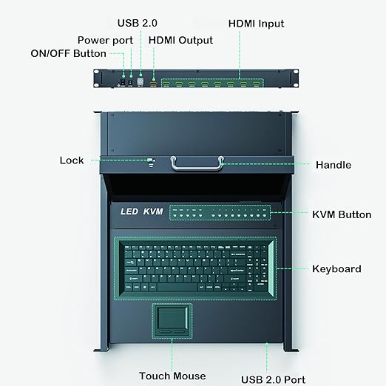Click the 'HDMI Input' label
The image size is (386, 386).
coord(255,24)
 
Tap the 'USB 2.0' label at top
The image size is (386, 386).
coord(138,24)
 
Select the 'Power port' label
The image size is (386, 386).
coord(105,39)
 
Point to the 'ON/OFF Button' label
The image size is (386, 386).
coord(68,53)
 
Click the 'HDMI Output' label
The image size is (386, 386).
coord(180,40)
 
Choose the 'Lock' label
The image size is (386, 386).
coord(72,160)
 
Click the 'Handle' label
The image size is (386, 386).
coord(333,165)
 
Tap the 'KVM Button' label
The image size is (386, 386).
coord(341,214)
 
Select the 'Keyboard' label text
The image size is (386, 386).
coord(336,268)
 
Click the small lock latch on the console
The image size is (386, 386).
coord(152,160)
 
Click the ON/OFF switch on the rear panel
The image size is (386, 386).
coord(123,75)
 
